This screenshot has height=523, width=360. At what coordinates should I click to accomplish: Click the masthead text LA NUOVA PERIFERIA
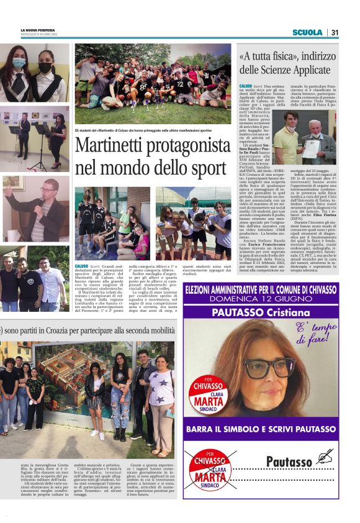tap(39, 30)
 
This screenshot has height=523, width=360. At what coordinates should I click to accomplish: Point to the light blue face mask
tap(19, 63)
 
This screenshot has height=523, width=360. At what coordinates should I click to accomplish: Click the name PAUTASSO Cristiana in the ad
tap(268, 312)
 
